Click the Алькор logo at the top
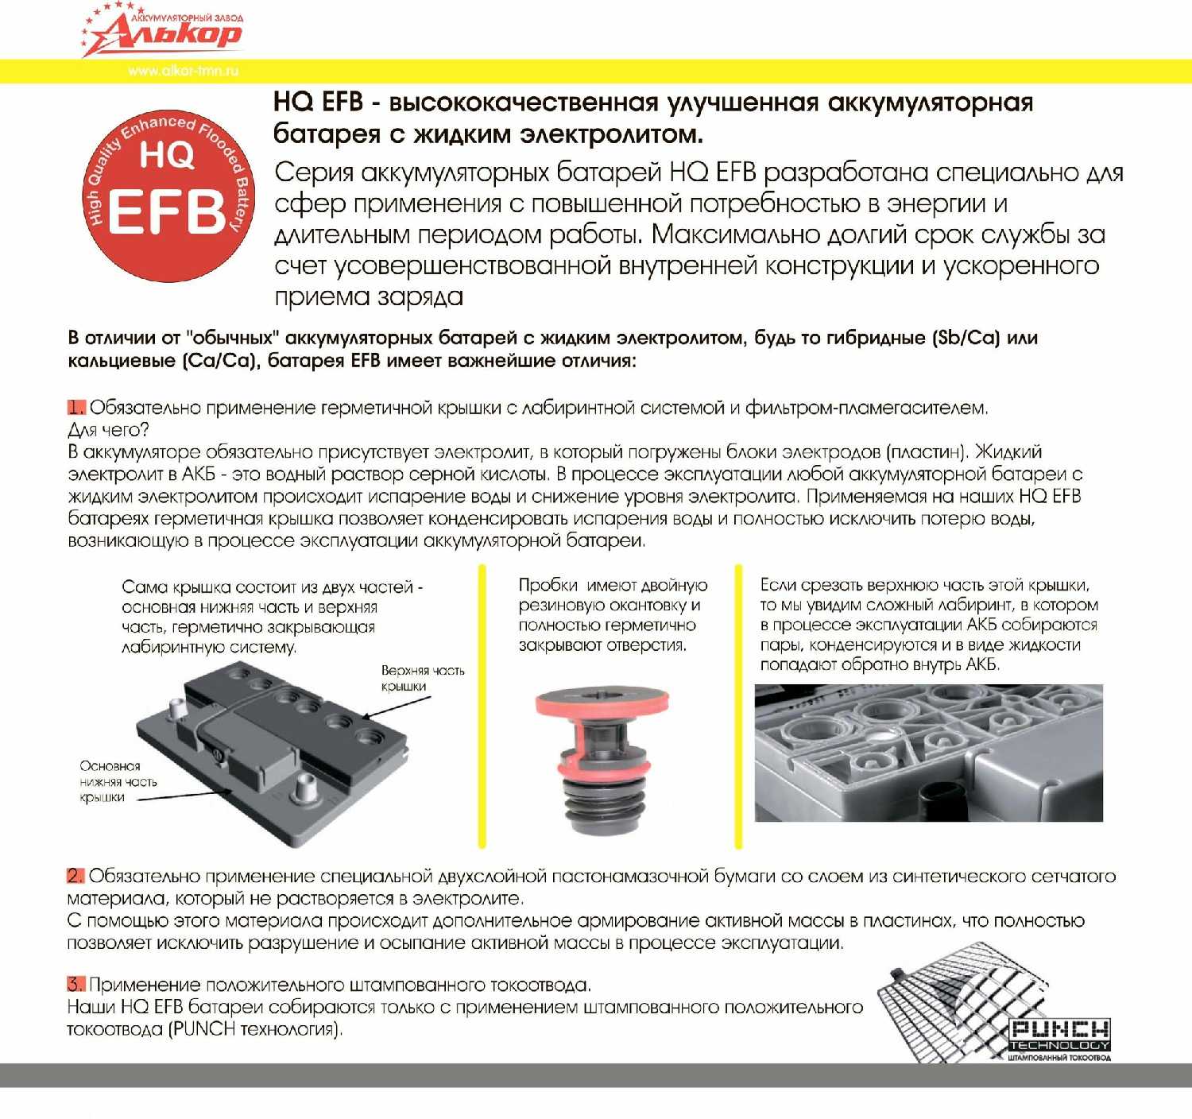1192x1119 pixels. [163, 30]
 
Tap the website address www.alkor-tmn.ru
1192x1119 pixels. [183, 71]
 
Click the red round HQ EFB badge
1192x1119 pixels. [168, 196]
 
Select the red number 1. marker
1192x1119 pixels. [76, 408]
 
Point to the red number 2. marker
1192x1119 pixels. [75, 876]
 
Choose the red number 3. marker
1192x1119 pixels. [75, 985]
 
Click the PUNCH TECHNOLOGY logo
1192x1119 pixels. [1059, 1036]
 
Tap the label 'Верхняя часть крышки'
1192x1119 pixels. [422, 678]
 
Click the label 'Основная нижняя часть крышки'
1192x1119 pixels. [118, 781]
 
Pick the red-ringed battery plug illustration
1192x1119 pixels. [602, 760]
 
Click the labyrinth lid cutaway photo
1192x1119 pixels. [928, 752]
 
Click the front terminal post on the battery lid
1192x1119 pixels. [304, 790]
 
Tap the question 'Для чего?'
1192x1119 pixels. [108, 430]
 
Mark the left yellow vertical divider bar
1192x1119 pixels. [482, 706]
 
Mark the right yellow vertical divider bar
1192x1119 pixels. [738, 706]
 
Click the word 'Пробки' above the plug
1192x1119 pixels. [548, 585]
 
